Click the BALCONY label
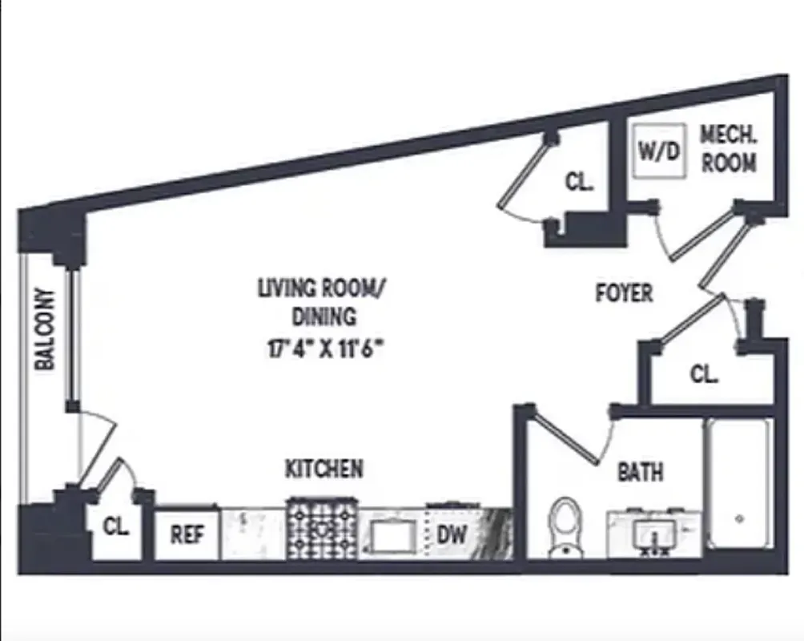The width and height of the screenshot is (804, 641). pos(46,329)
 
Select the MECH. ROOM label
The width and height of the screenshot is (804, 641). pos(729,149)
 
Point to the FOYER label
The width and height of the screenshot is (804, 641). pos(624,292)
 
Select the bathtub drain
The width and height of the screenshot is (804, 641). pos(738,518)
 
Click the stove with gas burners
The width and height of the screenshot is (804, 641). pos(323,530)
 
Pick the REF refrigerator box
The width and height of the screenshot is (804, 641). pos(187,534)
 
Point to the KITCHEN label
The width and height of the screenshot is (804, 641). pos(324,468)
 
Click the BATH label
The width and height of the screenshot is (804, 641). pos(640,472)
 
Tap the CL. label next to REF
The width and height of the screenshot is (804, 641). pos(115,529)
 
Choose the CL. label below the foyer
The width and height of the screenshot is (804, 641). pos(704,373)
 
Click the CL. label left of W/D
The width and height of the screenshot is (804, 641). pos(579,182)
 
